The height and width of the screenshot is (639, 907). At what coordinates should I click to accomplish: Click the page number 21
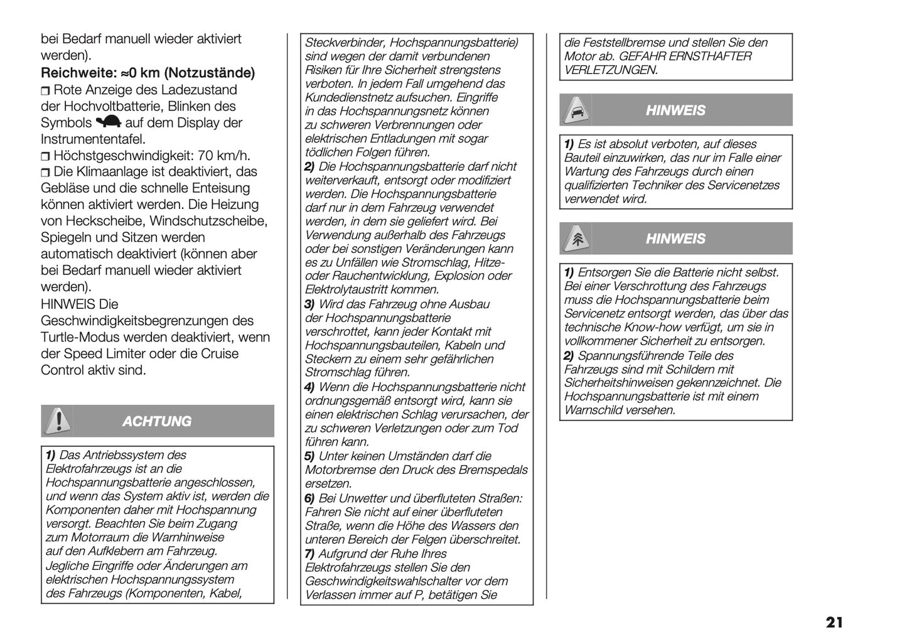[834, 623]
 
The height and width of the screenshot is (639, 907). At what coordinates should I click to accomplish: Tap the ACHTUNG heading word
[156, 421]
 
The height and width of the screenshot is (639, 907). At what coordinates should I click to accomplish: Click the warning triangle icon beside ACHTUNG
[58, 421]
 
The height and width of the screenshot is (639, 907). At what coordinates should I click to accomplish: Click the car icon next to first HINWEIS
[576, 110]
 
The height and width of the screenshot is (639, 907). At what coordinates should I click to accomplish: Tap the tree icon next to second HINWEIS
[576, 239]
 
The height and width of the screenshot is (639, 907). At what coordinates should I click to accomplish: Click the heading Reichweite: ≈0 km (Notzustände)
[148, 73]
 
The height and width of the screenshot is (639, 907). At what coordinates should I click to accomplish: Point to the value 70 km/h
[223, 156]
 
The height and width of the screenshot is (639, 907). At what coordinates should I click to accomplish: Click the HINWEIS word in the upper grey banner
[675, 110]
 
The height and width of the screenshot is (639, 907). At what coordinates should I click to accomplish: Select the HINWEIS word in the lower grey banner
[675, 239]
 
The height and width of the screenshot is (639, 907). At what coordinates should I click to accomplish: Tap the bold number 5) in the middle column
[309, 456]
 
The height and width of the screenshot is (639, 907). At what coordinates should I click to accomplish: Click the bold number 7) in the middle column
[309, 554]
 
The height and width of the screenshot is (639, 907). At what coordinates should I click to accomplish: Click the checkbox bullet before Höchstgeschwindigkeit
[45, 156]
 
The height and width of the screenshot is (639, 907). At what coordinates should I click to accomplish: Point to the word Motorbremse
[336, 470]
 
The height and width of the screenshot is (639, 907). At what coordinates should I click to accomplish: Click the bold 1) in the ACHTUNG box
[50, 455]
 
